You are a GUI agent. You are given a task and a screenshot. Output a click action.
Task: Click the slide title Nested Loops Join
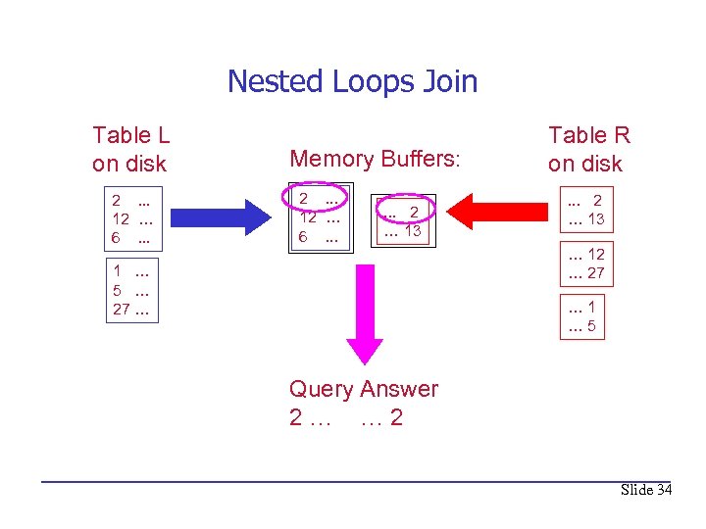pos(352,80)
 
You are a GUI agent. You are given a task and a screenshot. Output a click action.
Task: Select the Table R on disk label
pos(588,149)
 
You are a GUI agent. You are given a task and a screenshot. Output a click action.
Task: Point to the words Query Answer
pos(364,389)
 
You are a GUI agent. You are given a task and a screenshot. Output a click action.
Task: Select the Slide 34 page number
pos(646,490)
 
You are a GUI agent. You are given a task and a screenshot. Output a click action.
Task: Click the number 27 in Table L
pos(122,310)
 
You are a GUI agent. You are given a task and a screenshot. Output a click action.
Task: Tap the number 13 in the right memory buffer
pos(412,231)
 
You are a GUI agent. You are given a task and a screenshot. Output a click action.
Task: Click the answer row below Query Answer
pos(346,418)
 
